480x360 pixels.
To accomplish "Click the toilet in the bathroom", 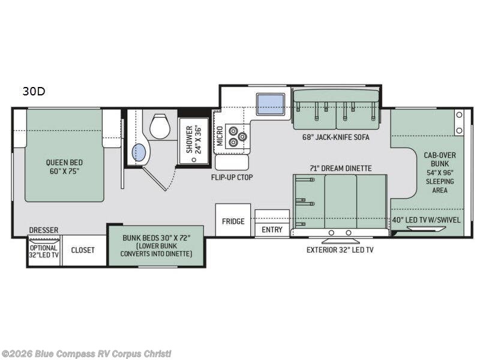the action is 160,126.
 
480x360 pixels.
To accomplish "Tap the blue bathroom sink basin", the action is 139,152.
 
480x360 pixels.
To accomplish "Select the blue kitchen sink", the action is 271,104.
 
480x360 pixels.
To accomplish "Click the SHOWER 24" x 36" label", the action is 193,139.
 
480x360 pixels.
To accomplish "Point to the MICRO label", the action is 220,136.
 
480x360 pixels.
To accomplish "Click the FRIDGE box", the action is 233,220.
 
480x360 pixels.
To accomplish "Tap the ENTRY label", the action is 272,229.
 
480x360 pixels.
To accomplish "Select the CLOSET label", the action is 83,250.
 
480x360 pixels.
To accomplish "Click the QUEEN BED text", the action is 64,162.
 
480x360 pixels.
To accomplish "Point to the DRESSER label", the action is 43,230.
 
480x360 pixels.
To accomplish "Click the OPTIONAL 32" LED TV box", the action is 44,251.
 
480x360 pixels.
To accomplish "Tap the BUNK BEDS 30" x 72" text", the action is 157,238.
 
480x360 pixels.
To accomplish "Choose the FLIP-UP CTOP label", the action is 232,177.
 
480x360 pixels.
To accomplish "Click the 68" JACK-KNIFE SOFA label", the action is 336,137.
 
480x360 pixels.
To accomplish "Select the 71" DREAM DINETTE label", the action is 340,168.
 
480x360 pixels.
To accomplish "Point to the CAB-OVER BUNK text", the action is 440,160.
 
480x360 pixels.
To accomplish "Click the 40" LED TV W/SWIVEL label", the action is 426,220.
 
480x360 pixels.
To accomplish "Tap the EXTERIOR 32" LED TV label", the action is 340,250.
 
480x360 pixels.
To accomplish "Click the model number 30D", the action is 34,91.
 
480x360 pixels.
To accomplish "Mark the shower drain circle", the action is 194,160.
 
